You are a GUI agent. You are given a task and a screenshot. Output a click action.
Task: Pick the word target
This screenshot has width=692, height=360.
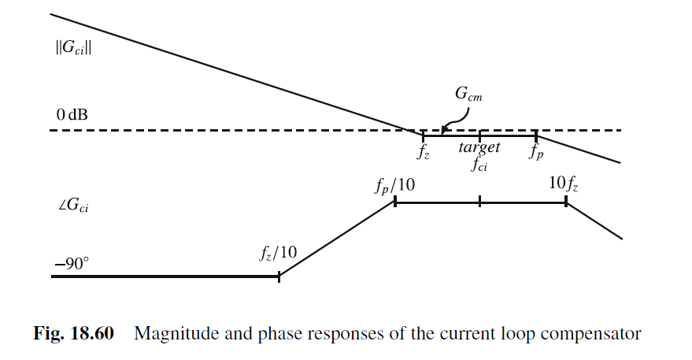479,147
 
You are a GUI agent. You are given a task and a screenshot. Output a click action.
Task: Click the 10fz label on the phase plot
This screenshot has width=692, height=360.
564,184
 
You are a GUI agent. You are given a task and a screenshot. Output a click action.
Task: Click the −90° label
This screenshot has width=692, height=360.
72,262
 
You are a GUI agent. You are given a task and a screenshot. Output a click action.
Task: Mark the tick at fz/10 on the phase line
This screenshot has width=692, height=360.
279,276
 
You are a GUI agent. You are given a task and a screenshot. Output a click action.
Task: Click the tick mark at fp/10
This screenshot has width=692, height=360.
394,202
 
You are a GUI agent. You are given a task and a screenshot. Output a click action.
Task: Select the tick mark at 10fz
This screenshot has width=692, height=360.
565,202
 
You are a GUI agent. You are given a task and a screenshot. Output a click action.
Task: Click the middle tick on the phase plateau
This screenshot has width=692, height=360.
479,202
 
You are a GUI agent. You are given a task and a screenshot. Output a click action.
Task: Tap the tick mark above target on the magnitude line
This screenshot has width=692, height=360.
479,135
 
